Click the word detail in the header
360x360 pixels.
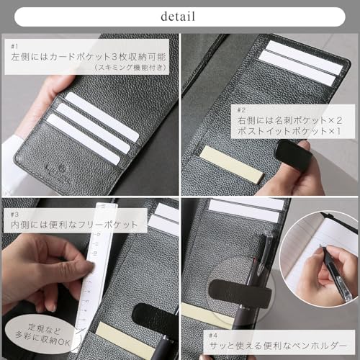179,15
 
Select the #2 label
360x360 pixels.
242,109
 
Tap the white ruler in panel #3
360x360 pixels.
91,266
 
